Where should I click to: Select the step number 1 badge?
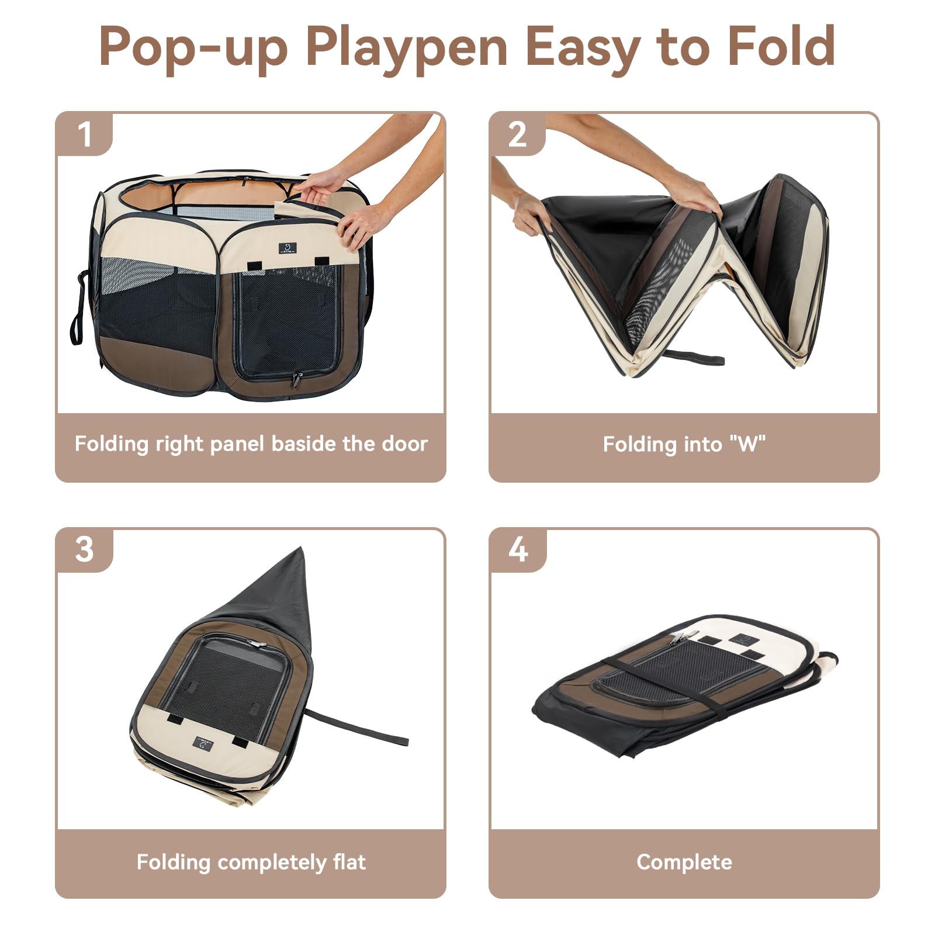(85, 135)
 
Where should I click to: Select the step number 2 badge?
(517, 135)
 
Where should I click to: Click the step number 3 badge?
(85, 550)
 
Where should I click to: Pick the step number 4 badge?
(518, 550)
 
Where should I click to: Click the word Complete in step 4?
(684, 863)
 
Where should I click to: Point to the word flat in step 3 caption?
(349, 863)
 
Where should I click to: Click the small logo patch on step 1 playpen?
(288, 248)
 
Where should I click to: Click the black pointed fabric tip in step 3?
(292, 573)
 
